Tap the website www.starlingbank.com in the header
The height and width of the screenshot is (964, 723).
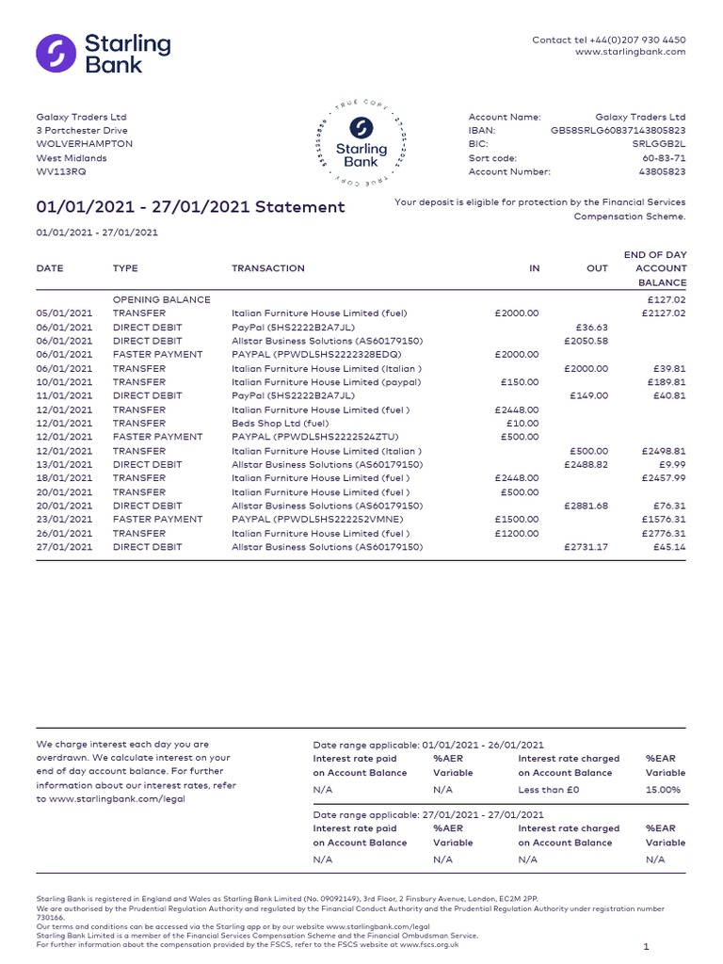[x=630, y=52]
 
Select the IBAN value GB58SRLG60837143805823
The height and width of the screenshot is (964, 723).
[x=618, y=131]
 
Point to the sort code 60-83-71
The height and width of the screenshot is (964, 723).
[x=665, y=158]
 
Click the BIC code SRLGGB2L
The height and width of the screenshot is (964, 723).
[x=659, y=144]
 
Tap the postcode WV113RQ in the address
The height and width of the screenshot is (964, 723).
[x=60, y=172]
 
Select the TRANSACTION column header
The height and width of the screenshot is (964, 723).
[x=268, y=268]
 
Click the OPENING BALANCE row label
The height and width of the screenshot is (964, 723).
[x=161, y=299]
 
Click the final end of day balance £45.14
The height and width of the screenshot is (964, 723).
[x=667, y=547]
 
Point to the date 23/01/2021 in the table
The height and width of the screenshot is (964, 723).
[x=64, y=520]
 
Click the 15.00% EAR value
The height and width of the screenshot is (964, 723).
[x=664, y=790]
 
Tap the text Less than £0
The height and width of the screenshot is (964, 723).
[x=549, y=790]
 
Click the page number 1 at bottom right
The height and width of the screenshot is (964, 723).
[x=646, y=946]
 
